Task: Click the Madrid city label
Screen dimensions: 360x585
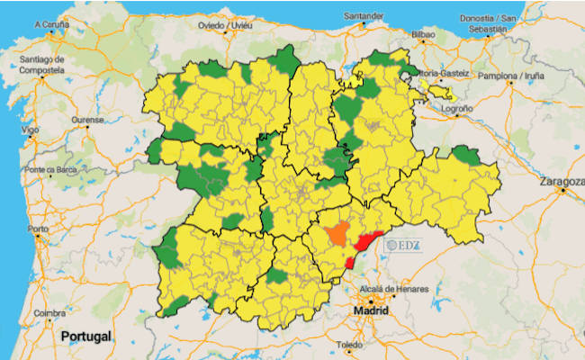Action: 370,310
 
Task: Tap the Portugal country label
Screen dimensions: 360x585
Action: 85,336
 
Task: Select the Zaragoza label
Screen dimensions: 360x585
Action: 562,182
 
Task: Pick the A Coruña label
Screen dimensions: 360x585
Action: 52,25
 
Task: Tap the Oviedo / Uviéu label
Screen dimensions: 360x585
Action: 225,26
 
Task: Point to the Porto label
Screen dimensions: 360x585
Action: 38,229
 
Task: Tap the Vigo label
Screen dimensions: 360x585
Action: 31,130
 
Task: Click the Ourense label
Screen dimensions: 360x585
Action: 88,120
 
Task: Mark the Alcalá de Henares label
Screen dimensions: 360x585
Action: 391,289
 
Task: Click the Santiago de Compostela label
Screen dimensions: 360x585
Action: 42,64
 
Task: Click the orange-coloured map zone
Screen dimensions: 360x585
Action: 337,234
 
